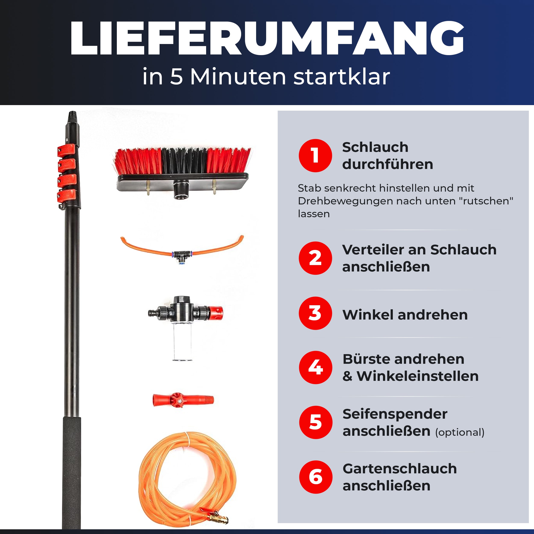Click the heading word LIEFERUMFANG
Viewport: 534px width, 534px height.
[267, 39]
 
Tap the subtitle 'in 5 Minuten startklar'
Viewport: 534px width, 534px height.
[266, 76]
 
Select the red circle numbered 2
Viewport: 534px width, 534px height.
[315, 258]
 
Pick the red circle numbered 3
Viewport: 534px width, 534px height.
[315, 313]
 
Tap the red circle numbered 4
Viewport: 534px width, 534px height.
[315, 367]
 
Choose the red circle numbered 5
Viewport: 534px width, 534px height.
[316, 422]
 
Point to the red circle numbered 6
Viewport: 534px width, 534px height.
[316, 477]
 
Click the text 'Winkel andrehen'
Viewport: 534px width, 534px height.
[405, 315]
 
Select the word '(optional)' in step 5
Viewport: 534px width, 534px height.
[460, 432]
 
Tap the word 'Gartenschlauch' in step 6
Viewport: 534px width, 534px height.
[400, 469]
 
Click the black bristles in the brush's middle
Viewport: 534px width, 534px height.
[184, 162]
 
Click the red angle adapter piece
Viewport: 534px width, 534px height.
[182, 400]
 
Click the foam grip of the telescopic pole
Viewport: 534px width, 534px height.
[72, 470]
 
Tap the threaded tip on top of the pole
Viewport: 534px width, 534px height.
[72, 116]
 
